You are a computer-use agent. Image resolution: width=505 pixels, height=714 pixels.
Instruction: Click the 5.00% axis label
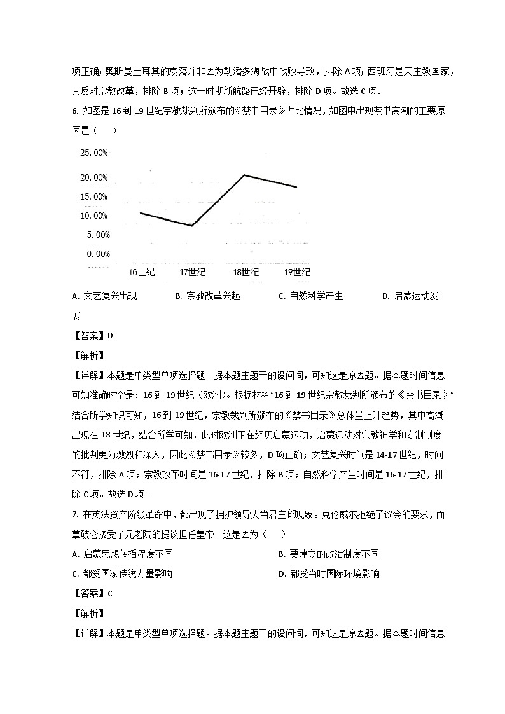pyautogui.click(x=96, y=235)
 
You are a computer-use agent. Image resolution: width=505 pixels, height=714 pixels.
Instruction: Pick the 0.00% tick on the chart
pyautogui.click(x=96, y=254)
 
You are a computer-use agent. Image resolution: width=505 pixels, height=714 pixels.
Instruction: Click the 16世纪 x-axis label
pyautogui.click(x=141, y=272)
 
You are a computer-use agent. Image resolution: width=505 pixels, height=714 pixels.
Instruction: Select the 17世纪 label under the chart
pyautogui.click(x=192, y=272)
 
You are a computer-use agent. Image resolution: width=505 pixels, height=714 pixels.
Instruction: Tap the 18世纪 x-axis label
pyautogui.click(x=245, y=272)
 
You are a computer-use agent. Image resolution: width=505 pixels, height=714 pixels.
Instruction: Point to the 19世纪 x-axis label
pyautogui.click(x=296, y=272)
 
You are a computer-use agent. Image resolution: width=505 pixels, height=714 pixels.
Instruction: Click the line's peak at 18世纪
pyautogui.click(x=245, y=175)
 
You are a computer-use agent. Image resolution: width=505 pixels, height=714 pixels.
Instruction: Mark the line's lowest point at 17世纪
pyautogui.click(x=192, y=226)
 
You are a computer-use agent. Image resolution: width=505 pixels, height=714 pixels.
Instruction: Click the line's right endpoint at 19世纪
pyautogui.click(x=296, y=187)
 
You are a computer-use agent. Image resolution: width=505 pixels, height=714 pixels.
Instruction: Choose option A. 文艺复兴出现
pyautogui.click(x=105, y=296)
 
